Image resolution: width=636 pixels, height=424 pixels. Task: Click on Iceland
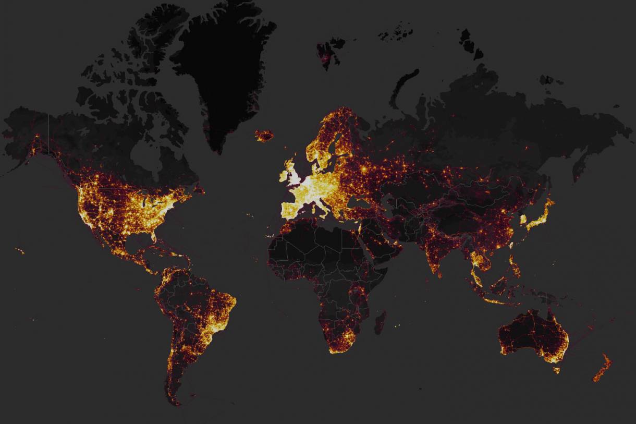click(264, 136)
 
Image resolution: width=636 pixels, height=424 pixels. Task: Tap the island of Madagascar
click(380, 322)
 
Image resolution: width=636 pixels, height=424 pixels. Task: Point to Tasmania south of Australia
click(557, 370)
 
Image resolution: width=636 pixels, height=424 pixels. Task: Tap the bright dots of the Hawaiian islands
click(20, 251)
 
